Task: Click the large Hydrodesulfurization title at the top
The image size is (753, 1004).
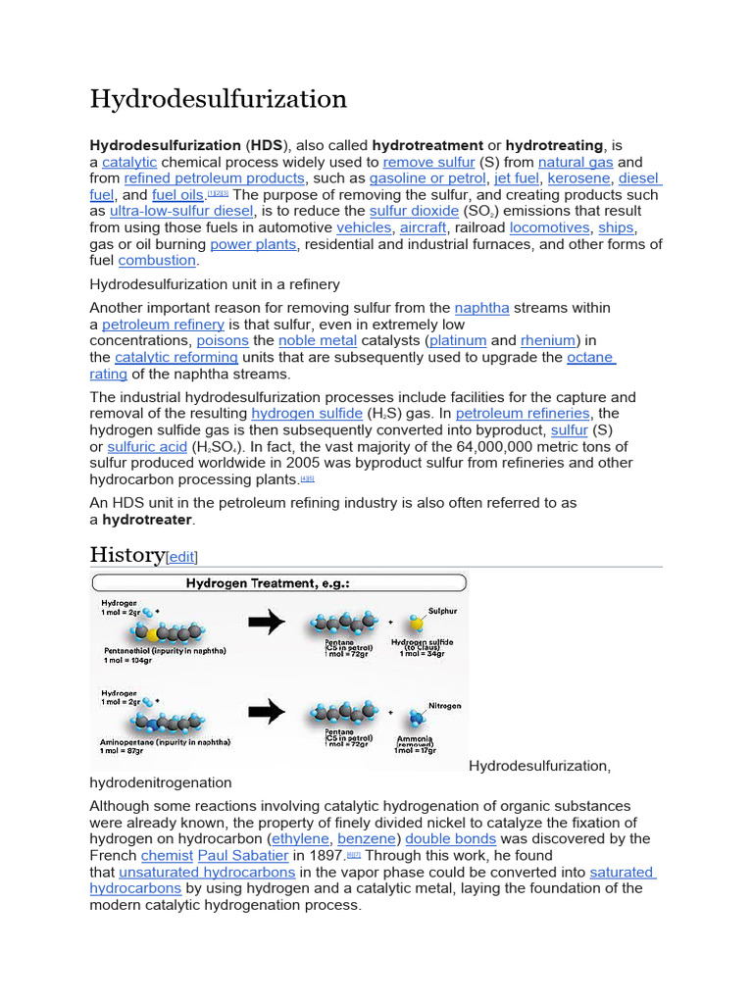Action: (219, 99)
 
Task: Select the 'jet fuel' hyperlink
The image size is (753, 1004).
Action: (516, 178)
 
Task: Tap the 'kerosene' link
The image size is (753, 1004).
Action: (578, 178)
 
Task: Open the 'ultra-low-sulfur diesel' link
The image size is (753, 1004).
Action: (181, 211)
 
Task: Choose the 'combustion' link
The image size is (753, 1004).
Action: (157, 261)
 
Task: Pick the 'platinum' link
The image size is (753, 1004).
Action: (459, 340)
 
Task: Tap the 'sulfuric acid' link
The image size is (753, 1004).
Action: (147, 447)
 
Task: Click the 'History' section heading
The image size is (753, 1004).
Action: (126, 555)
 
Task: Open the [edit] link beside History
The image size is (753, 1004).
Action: (182, 557)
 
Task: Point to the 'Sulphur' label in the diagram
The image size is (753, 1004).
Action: (440, 610)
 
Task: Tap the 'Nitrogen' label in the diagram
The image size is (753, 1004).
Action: (442, 705)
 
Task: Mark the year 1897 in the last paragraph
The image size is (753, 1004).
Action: (325, 856)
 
